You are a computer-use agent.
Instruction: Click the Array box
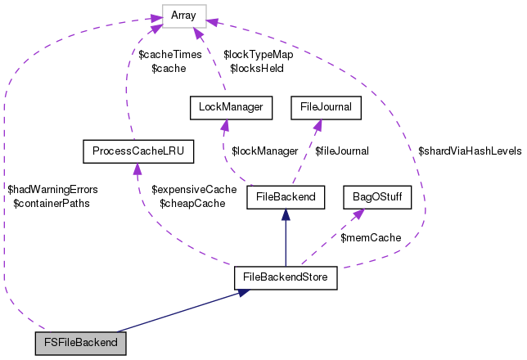point(184,14)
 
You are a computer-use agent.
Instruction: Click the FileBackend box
point(286,197)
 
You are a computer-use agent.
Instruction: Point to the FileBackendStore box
point(285,277)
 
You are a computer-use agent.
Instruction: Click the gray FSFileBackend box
point(81,342)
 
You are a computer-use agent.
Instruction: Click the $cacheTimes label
point(169,55)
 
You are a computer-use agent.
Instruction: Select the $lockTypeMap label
point(258,55)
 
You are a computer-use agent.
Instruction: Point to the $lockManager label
point(264,151)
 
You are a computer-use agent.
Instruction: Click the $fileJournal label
point(342,151)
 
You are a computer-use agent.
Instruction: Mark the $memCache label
point(371,237)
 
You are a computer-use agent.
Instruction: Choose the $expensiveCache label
point(194,189)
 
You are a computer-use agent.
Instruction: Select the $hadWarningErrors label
point(52,189)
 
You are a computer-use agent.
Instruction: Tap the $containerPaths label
point(52,203)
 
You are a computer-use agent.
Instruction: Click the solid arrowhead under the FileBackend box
point(285,215)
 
